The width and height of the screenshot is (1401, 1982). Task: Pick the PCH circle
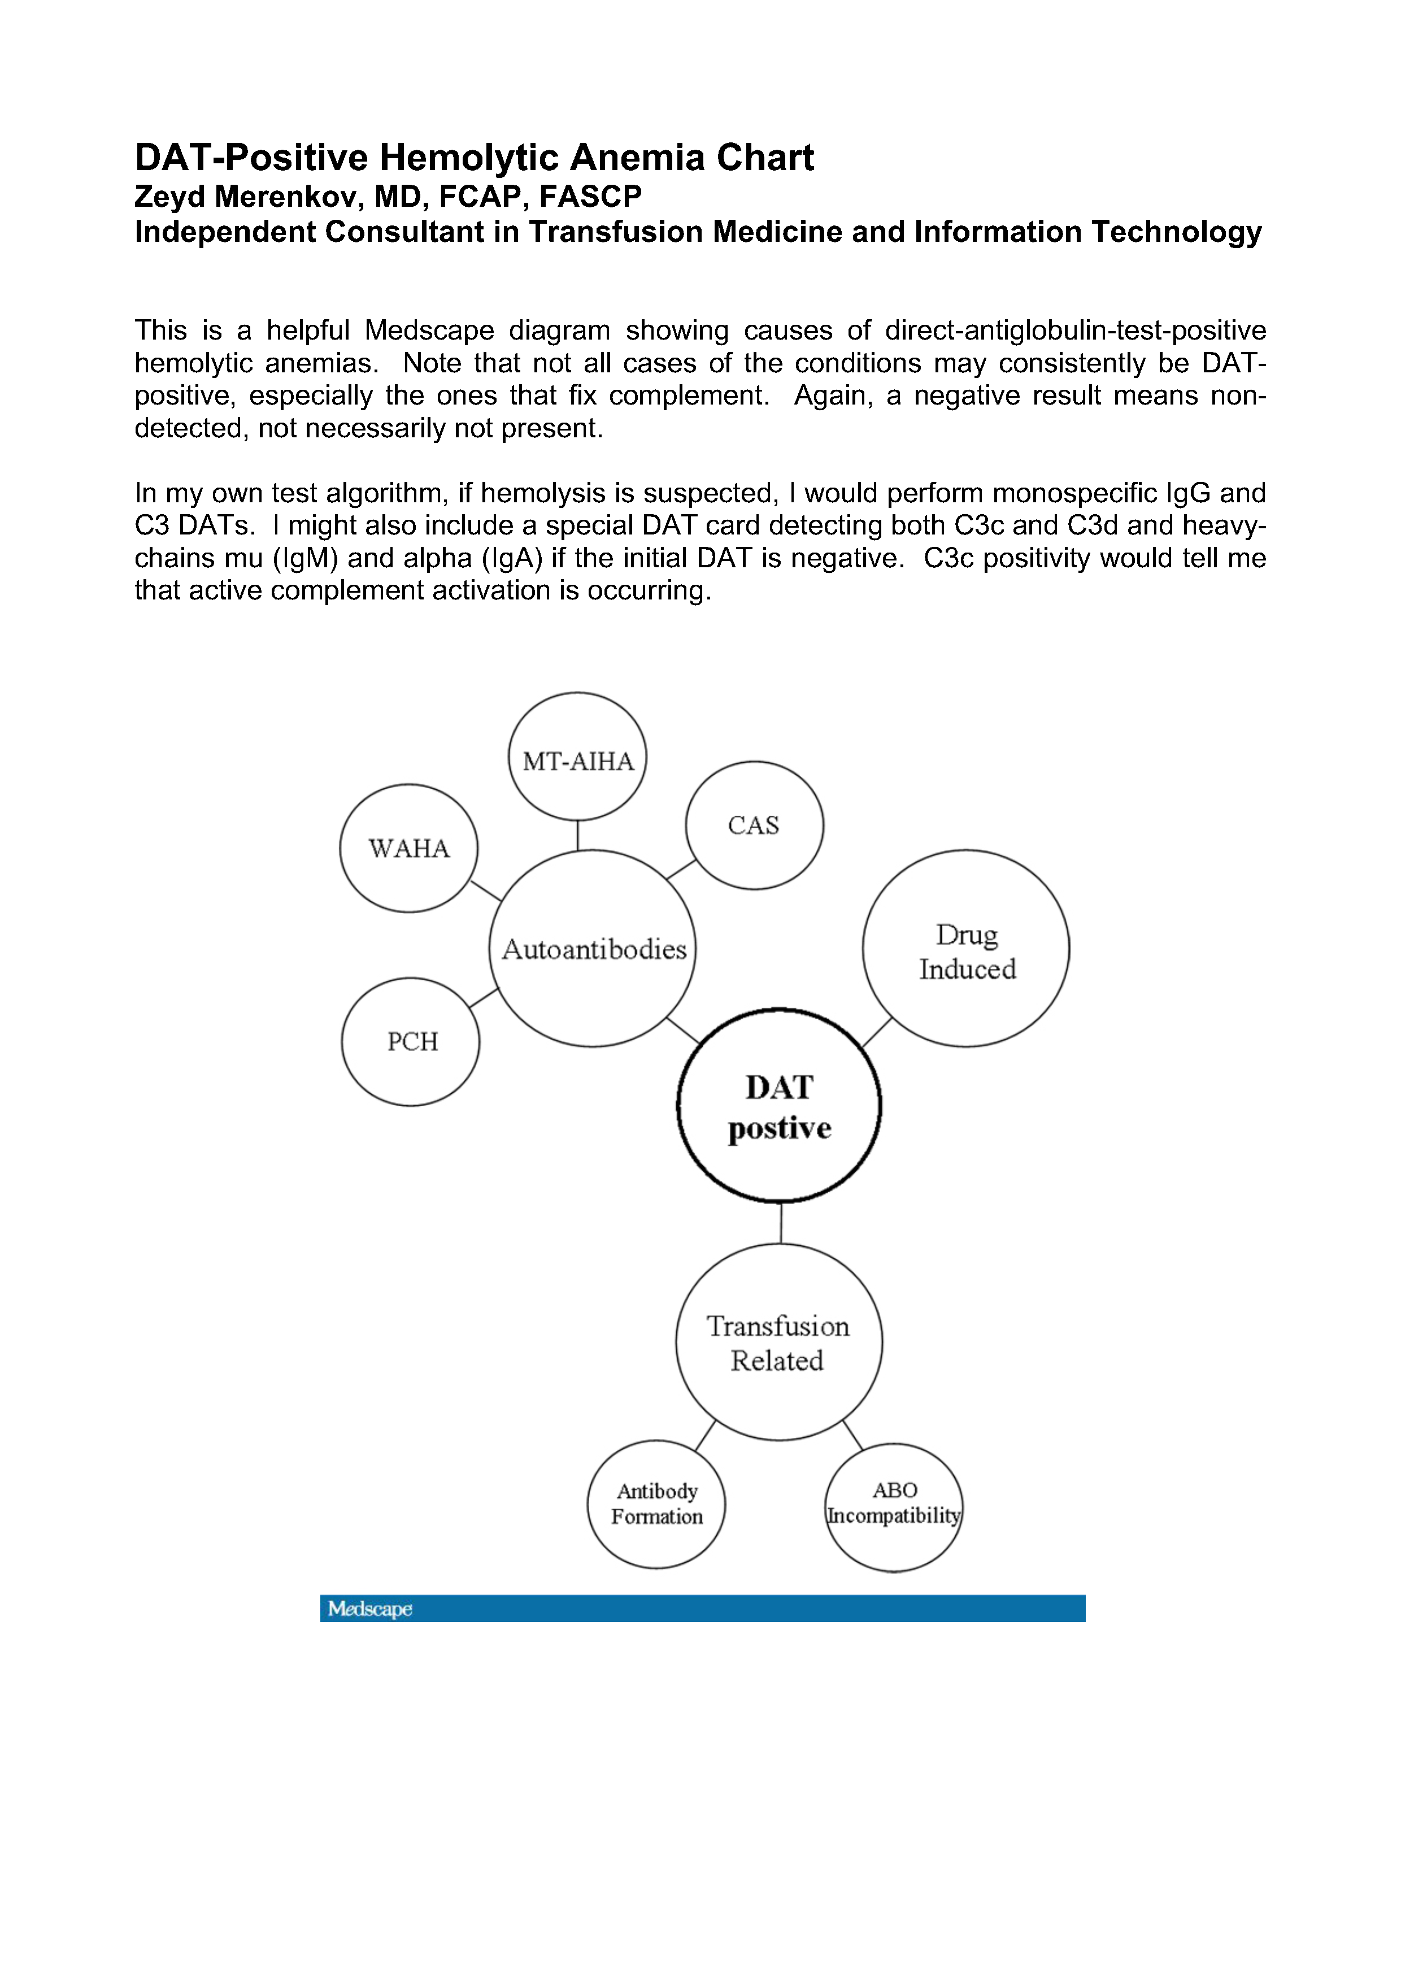pyautogui.click(x=411, y=1041)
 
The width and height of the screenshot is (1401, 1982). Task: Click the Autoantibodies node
pyautogui.click(x=593, y=949)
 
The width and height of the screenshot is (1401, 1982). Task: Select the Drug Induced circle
pyautogui.click(x=966, y=949)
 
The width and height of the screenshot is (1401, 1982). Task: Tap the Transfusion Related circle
pyautogui.click(x=778, y=1342)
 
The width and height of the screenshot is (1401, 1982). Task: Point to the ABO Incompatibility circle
pyautogui.click(x=894, y=1506)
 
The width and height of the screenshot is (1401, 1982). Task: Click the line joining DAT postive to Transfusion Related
pyautogui.click(x=780, y=1222)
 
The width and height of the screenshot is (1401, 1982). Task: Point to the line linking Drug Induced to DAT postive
pyautogui.click(x=876, y=1032)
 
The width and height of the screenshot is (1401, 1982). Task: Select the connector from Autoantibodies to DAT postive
pyautogui.click(x=683, y=1031)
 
